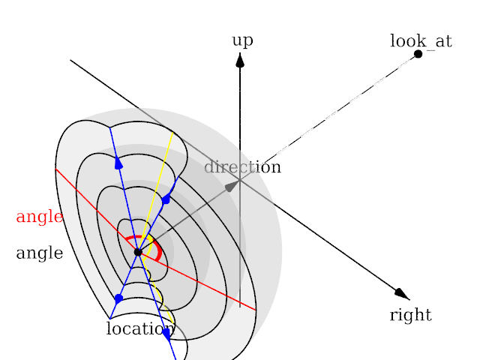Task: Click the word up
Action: (242, 40)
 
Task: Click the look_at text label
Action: (421, 40)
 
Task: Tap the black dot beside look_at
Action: (418, 54)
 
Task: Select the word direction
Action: (242, 167)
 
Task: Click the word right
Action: (410, 315)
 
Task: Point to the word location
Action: (140, 328)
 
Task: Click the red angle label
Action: (39, 217)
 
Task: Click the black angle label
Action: (39, 253)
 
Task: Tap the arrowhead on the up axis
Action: (240, 59)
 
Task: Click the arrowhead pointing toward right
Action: (403, 293)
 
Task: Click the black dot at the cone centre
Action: (138, 252)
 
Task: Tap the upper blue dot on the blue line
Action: (166, 199)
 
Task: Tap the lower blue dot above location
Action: (118, 298)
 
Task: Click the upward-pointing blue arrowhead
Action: (118, 163)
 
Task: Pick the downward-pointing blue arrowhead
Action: (166, 333)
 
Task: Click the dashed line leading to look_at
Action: (330, 116)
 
